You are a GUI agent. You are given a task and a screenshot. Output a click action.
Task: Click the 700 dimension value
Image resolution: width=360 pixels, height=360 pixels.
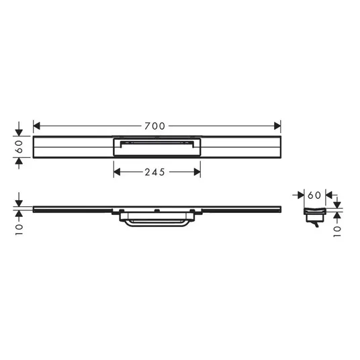click(154, 126)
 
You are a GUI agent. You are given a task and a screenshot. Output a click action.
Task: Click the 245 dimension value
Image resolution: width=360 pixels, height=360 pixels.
click(154, 172)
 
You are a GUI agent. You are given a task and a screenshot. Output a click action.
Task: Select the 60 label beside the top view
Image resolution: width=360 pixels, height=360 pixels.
click(19, 146)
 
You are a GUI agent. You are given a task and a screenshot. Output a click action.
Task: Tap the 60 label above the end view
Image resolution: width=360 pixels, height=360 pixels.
click(314, 195)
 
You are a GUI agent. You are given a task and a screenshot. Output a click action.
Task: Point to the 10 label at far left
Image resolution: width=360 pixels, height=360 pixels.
click(19, 230)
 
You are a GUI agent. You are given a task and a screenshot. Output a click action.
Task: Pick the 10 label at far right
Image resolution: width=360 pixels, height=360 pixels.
click(337, 232)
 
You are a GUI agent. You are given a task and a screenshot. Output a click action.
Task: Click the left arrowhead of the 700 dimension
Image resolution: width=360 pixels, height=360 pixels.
click(36, 126)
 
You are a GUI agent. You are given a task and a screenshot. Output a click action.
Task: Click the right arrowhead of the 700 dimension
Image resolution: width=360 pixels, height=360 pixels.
click(277, 126)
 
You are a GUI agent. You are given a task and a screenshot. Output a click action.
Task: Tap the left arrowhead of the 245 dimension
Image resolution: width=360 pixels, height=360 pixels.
click(117, 172)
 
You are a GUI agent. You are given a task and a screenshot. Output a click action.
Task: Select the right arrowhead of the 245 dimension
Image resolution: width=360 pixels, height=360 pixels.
click(197, 172)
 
